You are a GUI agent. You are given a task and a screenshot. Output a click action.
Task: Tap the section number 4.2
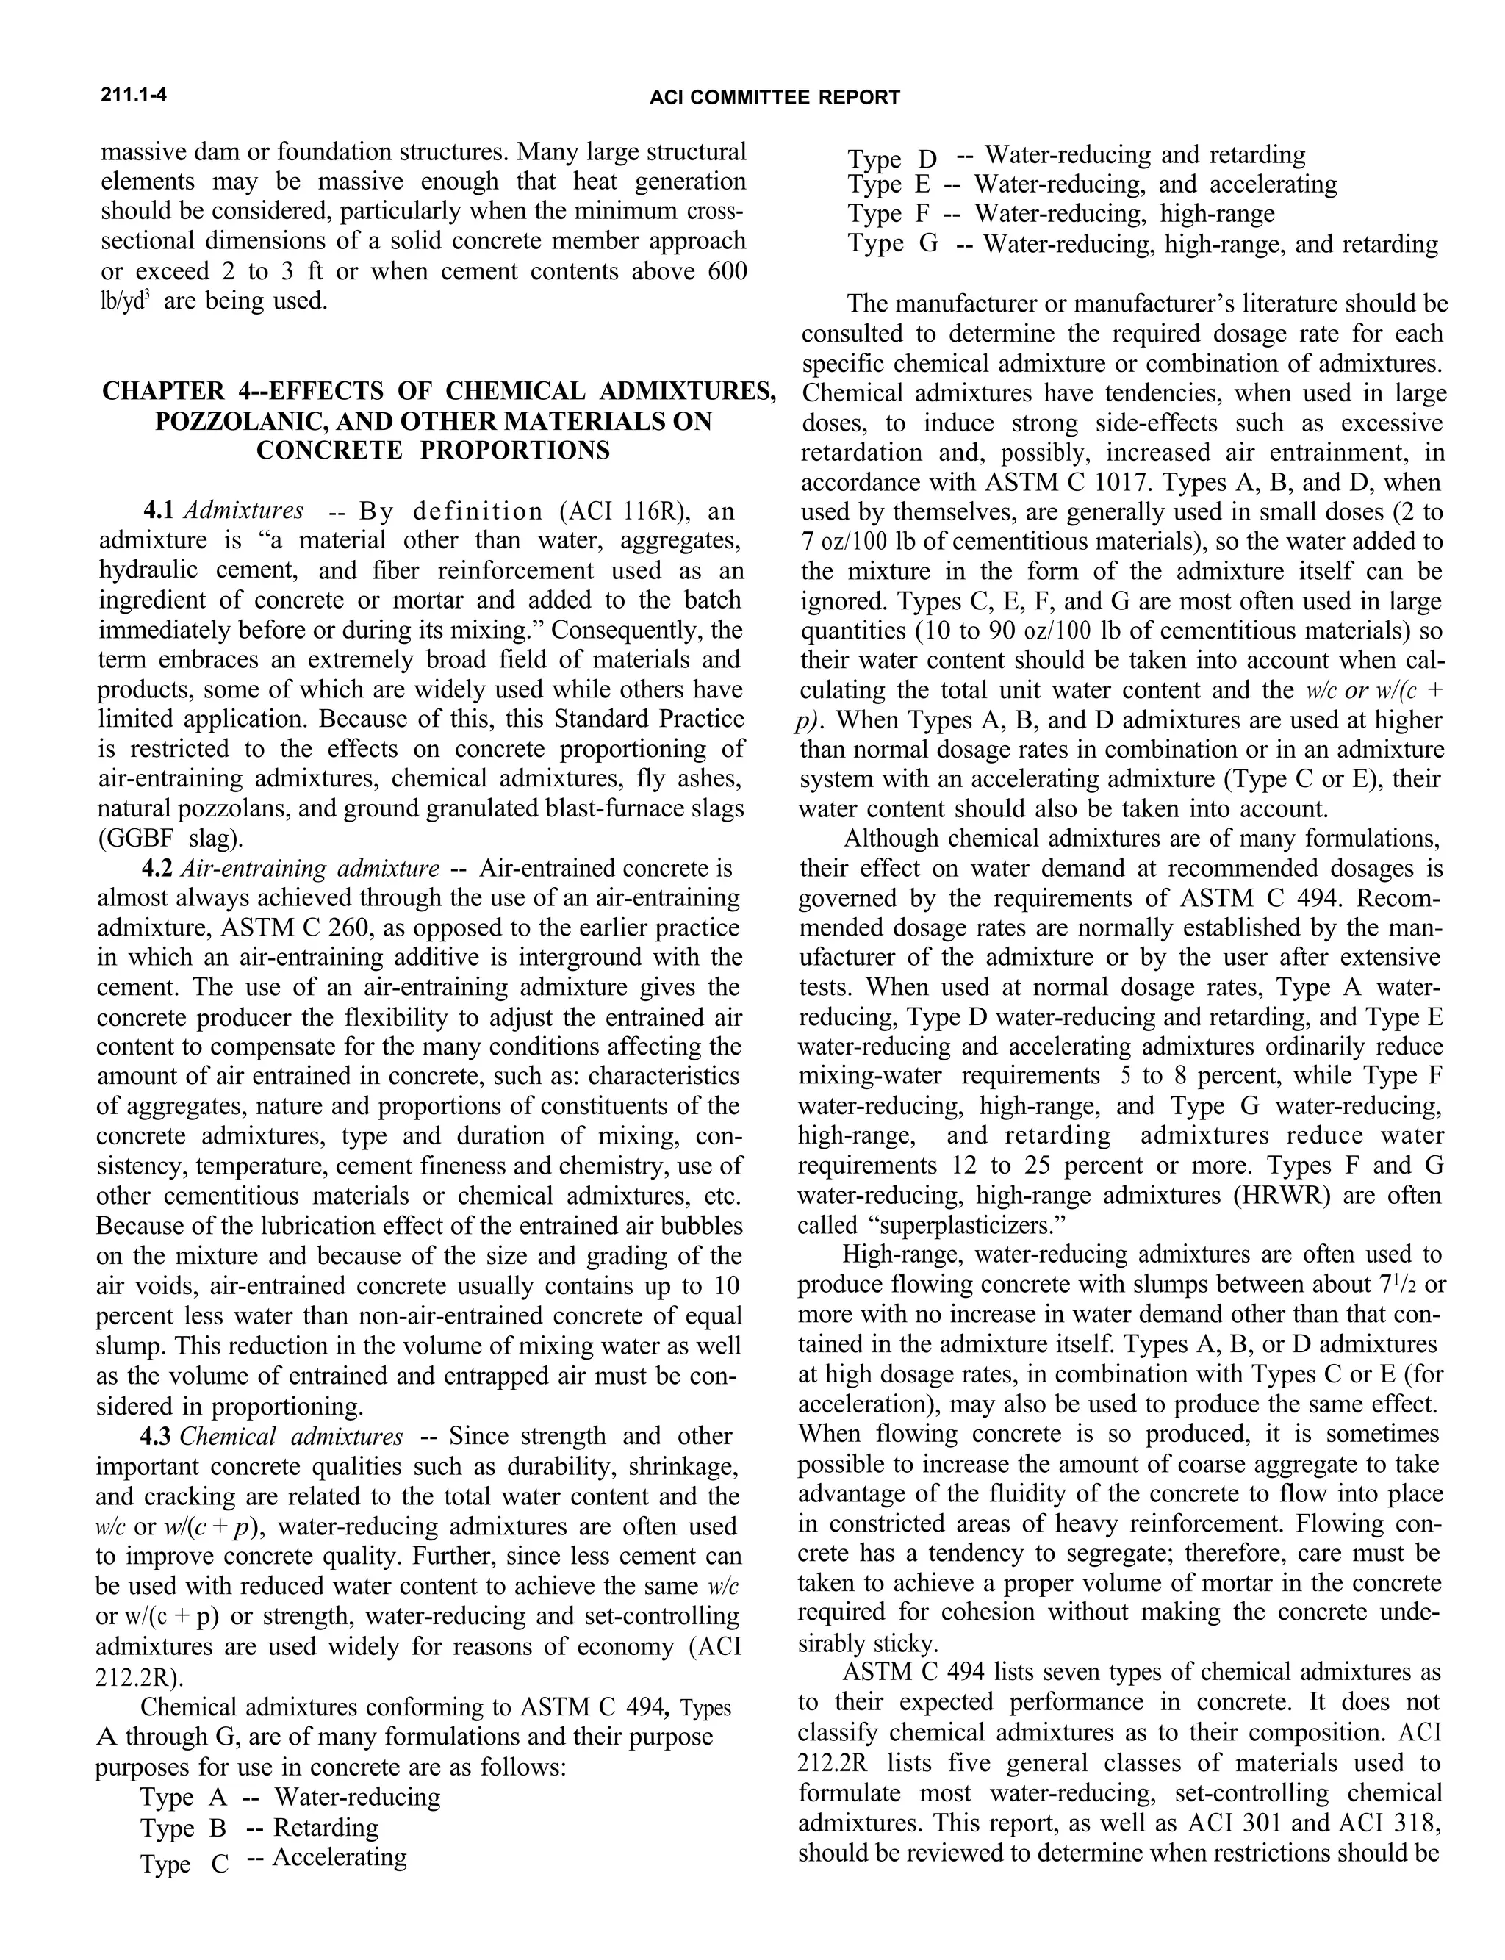pyautogui.click(x=160, y=868)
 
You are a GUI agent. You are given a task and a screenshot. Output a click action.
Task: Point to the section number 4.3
pyautogui.click(x=158, y=1436)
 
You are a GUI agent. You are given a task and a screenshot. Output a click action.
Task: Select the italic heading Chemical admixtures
pyautogui.click(x=291, y=1436)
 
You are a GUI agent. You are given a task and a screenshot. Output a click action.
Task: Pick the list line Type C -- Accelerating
pyautogui.click(x=273, y=1858)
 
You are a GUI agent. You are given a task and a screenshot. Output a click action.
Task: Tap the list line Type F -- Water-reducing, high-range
pyautogui.click(x=1060, y=213)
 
